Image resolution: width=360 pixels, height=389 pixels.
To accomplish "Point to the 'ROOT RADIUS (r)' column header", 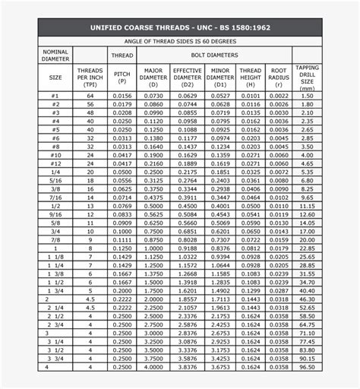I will click(x=279, y=77).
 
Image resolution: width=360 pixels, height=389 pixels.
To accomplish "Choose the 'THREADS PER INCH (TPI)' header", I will click(x=90, y=77).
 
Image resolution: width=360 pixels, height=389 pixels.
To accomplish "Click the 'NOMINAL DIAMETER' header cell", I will click(x=56, y=55).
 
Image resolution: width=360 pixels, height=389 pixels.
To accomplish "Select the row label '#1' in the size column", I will click(x=56, y=96).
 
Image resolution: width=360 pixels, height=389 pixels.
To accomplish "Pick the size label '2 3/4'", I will click(x=56, y=324).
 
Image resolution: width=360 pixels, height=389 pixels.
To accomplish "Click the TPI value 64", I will click(x=90, y=96).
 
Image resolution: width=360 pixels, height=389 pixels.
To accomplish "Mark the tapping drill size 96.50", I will click(x=307, y=366).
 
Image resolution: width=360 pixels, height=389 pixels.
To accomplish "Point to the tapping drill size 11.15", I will click(x=307, y=206).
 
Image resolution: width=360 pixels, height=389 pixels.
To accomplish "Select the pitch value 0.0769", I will click(x=122, y=206).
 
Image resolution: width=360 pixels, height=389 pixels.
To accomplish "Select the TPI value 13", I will click(x=90, y=206).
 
